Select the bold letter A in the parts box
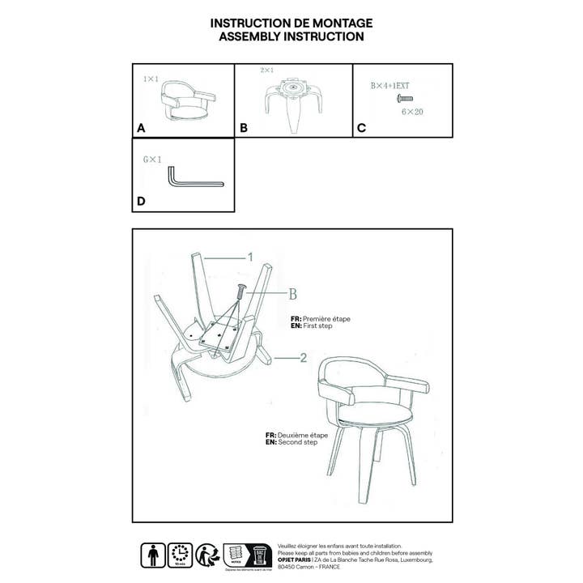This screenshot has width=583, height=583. pos(143,128)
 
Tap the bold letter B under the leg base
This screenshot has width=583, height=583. pos(244,128)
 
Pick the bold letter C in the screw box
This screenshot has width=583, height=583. pos(361,128)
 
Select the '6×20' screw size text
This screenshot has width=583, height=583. pos(411,112)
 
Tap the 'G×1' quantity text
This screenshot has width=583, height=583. pos(152,160)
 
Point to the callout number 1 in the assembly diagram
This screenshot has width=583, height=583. pos(250,257)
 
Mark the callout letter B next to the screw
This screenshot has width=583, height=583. pos(292,293)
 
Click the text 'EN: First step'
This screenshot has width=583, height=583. pos(318,326)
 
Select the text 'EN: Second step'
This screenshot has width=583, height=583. pos(296,442)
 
